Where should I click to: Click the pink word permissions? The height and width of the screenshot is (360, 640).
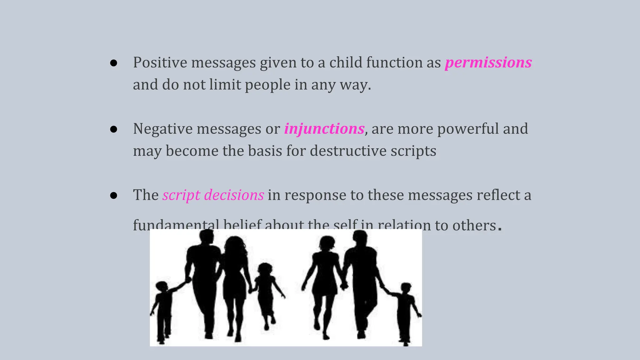[488, 62]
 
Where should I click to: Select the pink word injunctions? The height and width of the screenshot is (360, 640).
[324, 129]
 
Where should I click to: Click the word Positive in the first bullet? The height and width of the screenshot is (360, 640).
[160, 62]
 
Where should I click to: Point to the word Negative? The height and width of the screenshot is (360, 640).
[162, 129]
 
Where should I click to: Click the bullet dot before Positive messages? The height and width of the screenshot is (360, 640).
[114, 63]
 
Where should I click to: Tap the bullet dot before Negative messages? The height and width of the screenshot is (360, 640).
[114, 129]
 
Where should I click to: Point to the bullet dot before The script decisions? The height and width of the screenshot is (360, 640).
[114, 196]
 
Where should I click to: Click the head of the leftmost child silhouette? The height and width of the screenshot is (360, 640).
[162, 287]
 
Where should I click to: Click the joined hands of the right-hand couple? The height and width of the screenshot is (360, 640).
[344, 285]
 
